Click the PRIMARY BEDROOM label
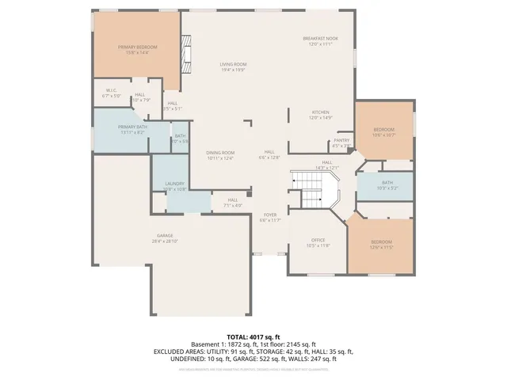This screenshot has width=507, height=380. tap(138, 47)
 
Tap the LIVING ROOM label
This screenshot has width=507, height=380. tap(234, 64)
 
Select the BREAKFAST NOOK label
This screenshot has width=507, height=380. tap(321, 38)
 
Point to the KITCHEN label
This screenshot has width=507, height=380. tap(321, 112)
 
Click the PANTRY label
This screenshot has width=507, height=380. tap(341, 141)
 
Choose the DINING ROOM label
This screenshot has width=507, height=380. tap(220, 153)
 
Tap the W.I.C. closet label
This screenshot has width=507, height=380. tap(112, 90)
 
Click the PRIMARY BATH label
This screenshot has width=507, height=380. tap(132, 127)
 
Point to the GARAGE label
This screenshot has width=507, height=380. tap(165, 235)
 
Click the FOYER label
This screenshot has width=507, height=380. tap(270, 215)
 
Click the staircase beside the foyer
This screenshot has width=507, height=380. tap(314, 190)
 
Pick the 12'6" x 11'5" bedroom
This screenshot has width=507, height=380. tap(382, 243)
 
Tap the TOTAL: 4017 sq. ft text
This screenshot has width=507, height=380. tap(253, 336)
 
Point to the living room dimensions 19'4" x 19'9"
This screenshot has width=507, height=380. tap(234, 70)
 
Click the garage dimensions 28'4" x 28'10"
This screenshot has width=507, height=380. tap(165, 241)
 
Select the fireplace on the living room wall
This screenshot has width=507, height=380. tap(186, 58)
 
